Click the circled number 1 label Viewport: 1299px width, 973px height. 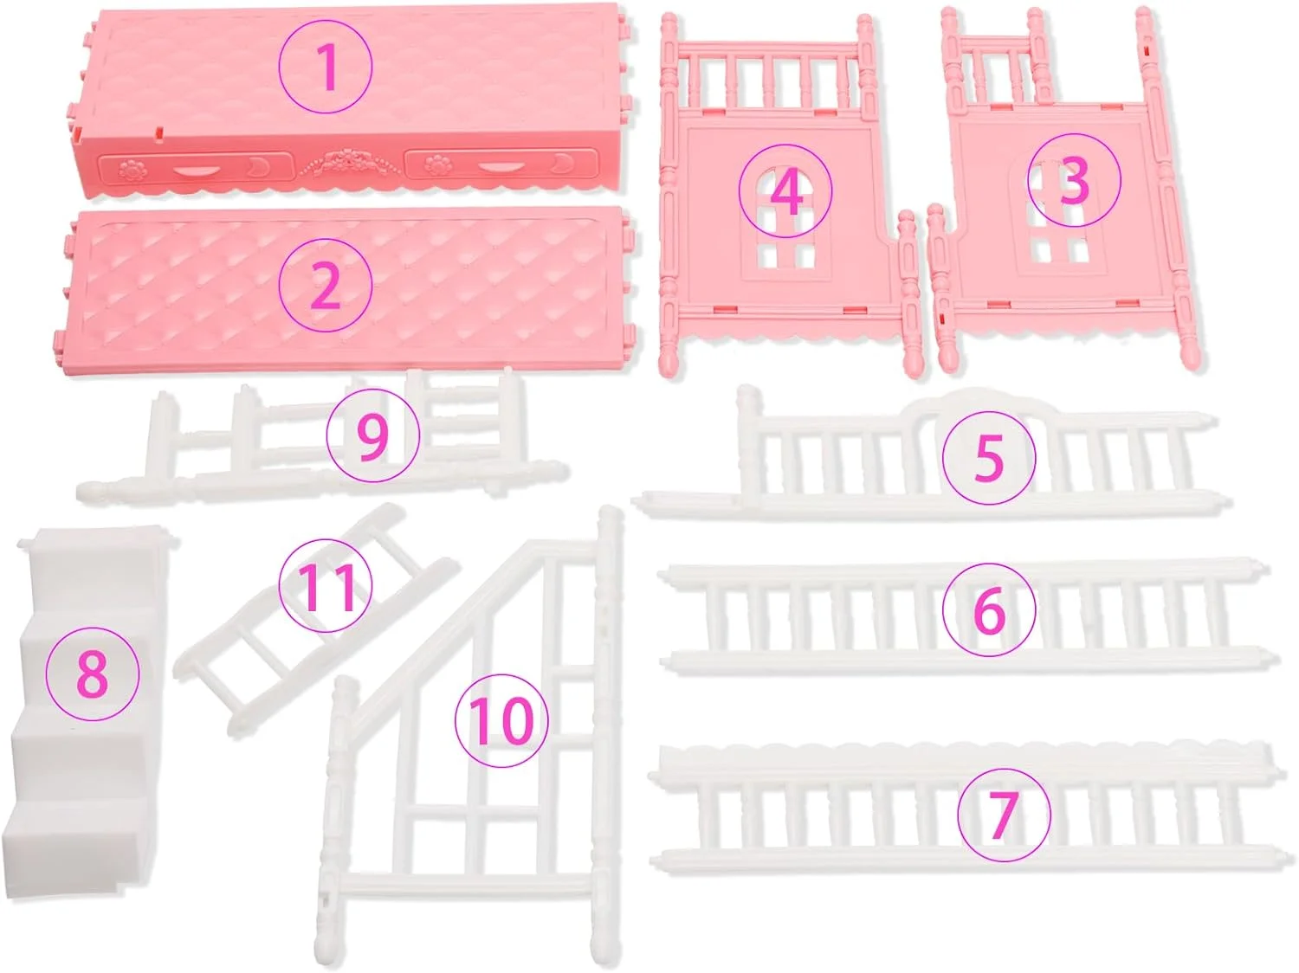click(326, 67)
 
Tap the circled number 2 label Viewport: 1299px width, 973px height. click(326, 285)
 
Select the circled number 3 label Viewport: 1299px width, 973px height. click(1074, 179)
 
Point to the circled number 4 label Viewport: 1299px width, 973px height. click(785, 190)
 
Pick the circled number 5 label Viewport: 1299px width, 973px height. click(989, 457)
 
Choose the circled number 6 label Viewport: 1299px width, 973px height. click(989, 609)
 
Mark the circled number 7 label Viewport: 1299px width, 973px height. click(1005, 815)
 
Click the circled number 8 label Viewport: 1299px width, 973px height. click(93, 673)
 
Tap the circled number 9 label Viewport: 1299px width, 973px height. click(373, 435)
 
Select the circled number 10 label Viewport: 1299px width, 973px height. click(501, 720)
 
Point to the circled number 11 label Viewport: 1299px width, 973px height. click(326, 586)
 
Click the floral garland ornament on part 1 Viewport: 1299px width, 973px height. click(349, 163)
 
